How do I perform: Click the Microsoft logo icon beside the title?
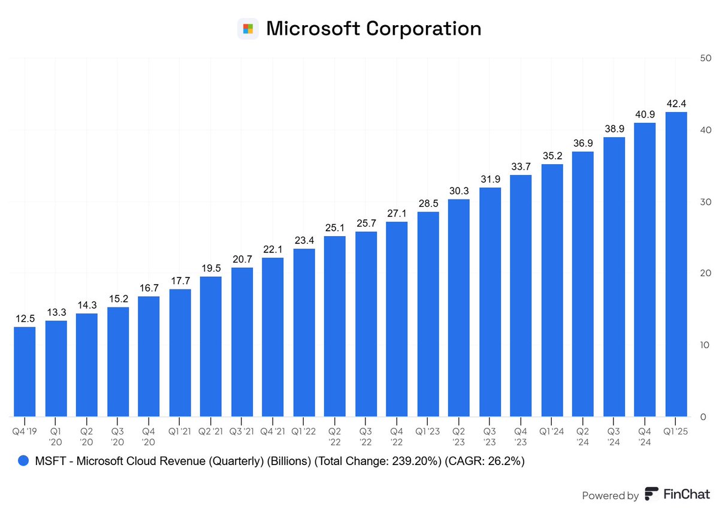click(x=247, y=29)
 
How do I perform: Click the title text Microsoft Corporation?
click(x=373, y=29)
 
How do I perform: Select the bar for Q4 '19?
click(x=25, y=372)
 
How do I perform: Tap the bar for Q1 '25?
click(x=676, y=264)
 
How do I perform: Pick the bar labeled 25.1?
click(x=335, y=327)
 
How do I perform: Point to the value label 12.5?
click(x=25, y=319)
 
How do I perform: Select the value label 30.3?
click(x=459, y=191)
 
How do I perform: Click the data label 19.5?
click(x=210, y=268)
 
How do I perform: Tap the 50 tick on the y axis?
click(x=705, y=58)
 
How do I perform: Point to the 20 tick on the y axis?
click(x=705, y=273)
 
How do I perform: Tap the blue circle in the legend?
click(x=24, y=461)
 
